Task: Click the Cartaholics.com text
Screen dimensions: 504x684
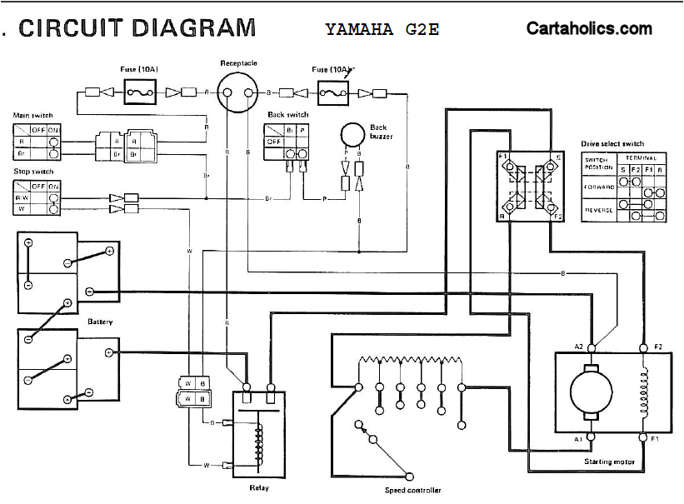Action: pyautogui.click(x=589, y=28)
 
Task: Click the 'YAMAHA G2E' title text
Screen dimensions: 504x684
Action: pyautogui.click(x=382, y=29)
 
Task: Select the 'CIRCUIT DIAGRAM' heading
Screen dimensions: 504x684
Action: pyautogui.click(x=137, y=27)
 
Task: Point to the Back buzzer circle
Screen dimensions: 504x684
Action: pyautogui.click(x=353, y=135)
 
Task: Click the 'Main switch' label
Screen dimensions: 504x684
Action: pyautogui.click(x=31, y=116)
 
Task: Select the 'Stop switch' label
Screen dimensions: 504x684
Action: pyautogui.click(x=33, y=172)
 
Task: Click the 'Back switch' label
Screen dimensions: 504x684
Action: pyautogui.click(x=287, y=115)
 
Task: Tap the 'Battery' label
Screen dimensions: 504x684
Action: pyautogui.click(x=100, y=321)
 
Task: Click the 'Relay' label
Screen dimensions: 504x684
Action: pyautogui.click(x=258, y=487)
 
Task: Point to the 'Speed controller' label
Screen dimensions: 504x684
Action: pyautogui.click(x=412, y=491)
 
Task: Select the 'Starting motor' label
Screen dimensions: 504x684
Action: pyautogui.click(x=610, y=462)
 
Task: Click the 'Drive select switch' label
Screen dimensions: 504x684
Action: pyautogui.click(x=612, y=143)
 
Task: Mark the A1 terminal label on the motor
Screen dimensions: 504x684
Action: pyautogui.click(x=579, y=437)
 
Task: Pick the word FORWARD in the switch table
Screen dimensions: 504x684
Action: pyautogui.click(x=598, y=187)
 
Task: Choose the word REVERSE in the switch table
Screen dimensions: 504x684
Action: pyautogui.click(x=598, y=210)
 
